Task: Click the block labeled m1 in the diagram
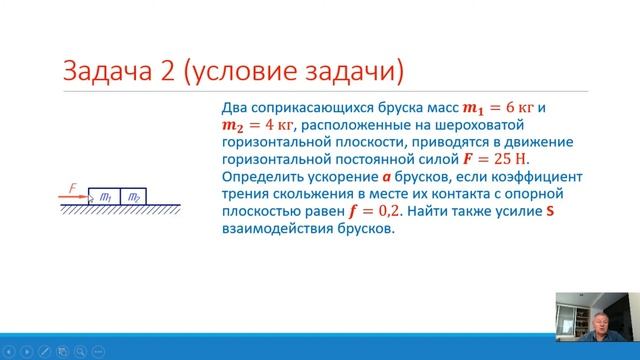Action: (103, 197)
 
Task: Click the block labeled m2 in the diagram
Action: (133, 197)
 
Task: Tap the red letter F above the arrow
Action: (71, 186)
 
